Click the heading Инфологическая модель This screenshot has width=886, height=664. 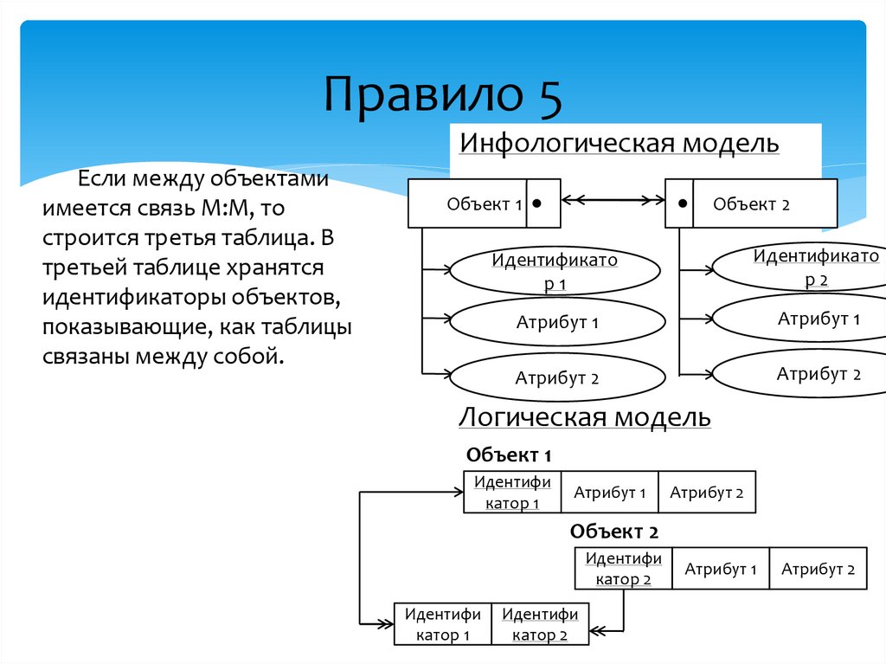point(619,143)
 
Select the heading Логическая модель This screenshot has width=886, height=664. point(584,418)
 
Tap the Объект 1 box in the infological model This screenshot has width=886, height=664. point(467,204)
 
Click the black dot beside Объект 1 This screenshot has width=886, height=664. point(538,203)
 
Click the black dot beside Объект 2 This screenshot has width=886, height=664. point(684,203)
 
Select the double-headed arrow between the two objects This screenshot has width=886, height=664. point(612,200)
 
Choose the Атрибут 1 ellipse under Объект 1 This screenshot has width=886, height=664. point(558,322)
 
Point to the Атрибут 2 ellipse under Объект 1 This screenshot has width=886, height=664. point(558,378)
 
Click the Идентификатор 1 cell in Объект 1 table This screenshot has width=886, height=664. point(512,493)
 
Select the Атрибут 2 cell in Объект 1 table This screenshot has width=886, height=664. point(706,493)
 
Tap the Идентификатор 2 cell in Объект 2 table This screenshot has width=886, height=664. point(623,569)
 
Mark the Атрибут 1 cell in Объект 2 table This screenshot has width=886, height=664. point(721,569)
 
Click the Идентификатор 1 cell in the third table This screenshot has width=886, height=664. point(442,624)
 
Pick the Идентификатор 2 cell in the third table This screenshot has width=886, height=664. point(540,624)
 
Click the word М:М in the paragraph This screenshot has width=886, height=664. point(228,209)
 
